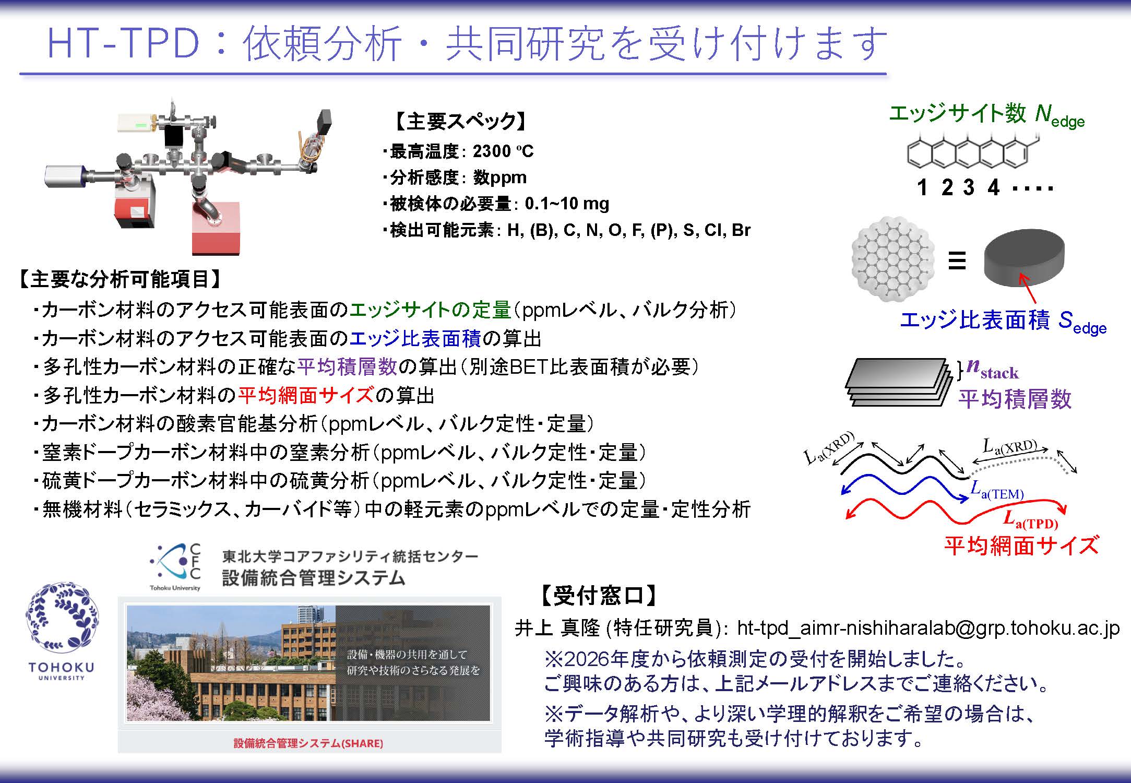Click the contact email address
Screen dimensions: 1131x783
[x=928, y=628]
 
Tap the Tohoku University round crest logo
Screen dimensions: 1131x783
[x=62, y=617]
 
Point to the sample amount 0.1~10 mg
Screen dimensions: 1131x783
[x=567, y=204]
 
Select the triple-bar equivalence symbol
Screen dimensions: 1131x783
[x=957, y=260]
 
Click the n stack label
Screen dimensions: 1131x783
[x=992, y=369]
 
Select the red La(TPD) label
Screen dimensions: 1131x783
[x=1030, y=520]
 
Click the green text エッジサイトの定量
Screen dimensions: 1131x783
[x=430, y=310]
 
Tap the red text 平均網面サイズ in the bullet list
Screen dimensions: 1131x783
[x=306, y=395]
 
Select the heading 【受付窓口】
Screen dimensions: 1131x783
[x=598, y=596]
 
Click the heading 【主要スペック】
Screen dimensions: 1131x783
[x=459, y=121]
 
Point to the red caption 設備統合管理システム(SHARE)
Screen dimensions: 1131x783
[x=308, y=743]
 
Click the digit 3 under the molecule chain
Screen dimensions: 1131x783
[x=969, y=187]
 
